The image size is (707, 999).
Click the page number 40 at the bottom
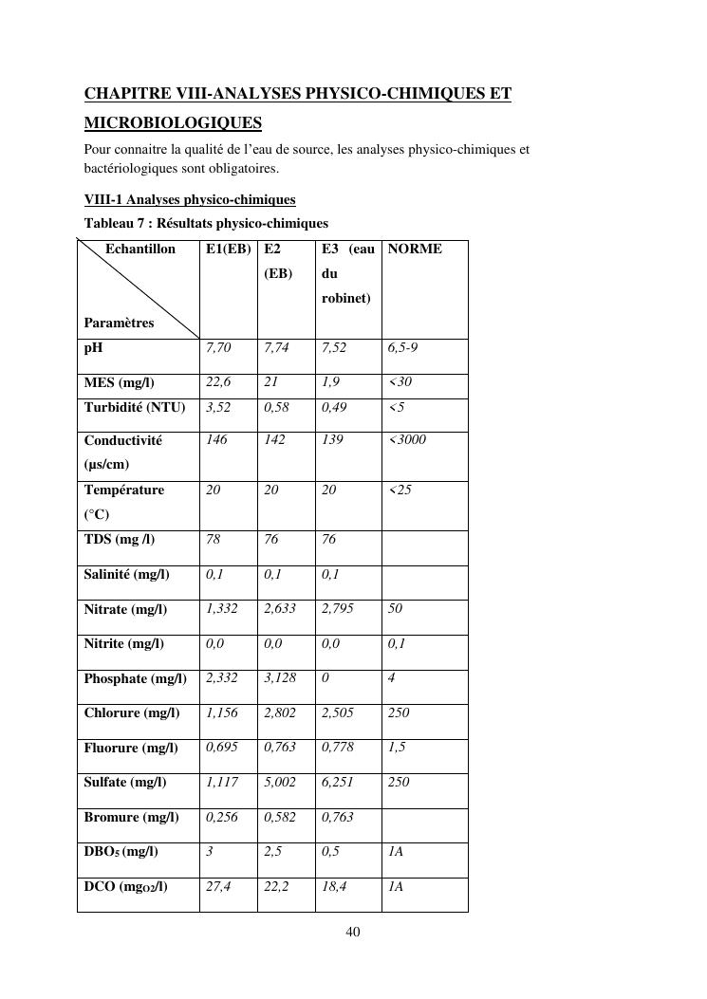point(353,933)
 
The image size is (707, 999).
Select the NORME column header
point(415,250)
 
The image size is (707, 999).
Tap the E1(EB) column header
point(228,250)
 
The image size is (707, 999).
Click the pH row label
point(93,348)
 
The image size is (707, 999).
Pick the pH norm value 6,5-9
point(402,348)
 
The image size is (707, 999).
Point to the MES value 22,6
point(218,382)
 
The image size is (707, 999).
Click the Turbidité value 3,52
point(218,408)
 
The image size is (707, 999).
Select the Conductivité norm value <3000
point(407,440)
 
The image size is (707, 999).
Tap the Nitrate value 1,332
point(222,608)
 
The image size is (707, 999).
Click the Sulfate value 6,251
point(338,783)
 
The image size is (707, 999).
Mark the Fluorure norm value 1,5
point(397,748)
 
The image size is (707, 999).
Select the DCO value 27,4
point(218,886)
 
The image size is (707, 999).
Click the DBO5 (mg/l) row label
point(121,852)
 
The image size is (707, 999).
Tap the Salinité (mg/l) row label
point(126,575)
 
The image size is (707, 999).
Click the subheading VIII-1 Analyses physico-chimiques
point(190,200)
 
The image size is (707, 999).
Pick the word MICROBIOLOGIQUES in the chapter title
point(173,123)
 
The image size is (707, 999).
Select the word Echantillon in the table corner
point(140,250)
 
